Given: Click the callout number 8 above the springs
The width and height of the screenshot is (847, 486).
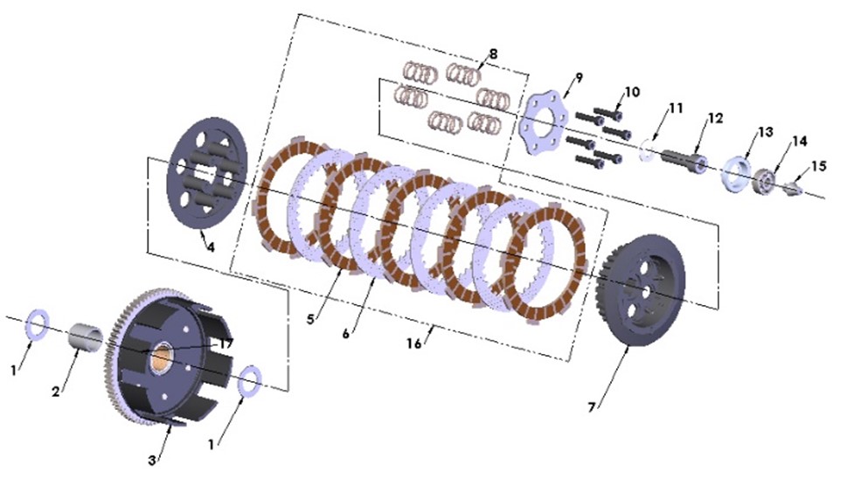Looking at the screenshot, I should click(x=493, y=54).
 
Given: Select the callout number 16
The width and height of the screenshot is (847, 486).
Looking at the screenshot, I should click(x=414, y=344).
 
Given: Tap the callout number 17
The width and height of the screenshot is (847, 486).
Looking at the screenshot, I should click(x=226, y=344).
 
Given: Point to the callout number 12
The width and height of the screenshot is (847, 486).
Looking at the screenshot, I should click(x=716, y=118).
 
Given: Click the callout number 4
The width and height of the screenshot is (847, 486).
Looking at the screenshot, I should click(x=210, y=246).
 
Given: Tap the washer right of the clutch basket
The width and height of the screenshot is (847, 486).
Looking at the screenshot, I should click(x=247, y=378).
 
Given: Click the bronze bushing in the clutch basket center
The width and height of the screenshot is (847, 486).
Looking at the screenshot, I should click(x=163, y=358).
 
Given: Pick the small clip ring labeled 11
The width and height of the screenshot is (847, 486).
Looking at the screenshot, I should click(x=647, y=150).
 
